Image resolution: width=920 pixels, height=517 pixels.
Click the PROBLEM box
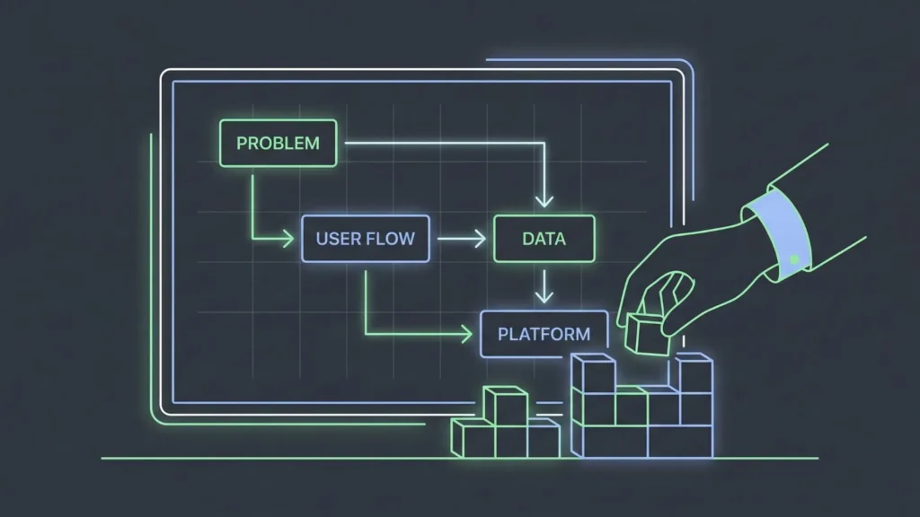tap(278, 144)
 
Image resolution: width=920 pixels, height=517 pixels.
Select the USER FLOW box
tap(365, 239)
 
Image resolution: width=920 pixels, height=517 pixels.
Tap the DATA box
tap(544, 239)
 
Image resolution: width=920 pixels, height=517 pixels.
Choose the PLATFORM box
tap(544, 334)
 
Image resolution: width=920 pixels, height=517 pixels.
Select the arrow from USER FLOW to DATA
tap(460, 239)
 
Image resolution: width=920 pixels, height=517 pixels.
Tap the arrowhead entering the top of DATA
tap(544, 200)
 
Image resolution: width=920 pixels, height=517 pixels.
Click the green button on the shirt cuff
tap(794, 260)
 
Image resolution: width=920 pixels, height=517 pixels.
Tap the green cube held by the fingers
tap(648, 332)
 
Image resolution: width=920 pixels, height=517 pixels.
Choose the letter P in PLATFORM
tap(504, 334)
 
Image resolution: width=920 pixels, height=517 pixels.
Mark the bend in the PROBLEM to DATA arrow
tap(544, 143)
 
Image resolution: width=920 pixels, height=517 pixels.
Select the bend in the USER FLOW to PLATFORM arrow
tap(367, 335)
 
